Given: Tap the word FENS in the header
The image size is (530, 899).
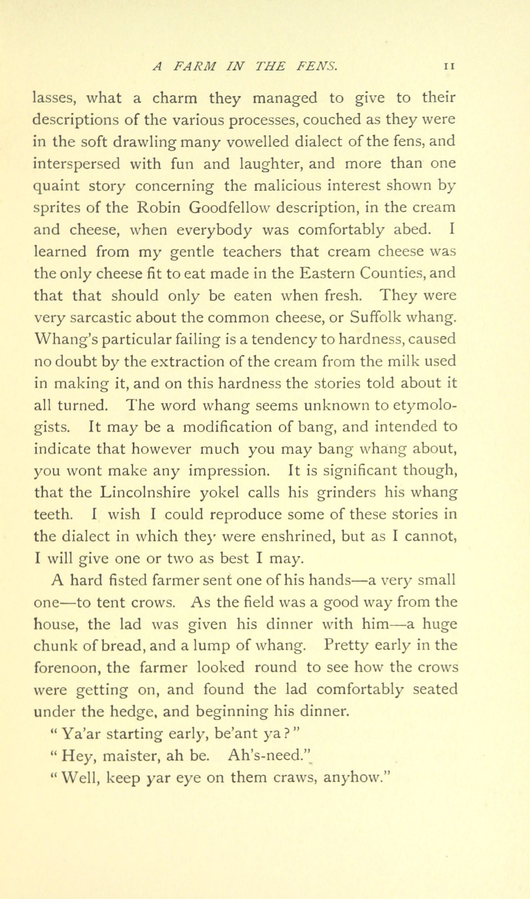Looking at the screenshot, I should click(x=317, y=67).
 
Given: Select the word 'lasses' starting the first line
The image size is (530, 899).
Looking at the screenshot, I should click(x=53, y=98).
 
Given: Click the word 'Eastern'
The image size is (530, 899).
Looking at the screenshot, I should click(x=326, y=273).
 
